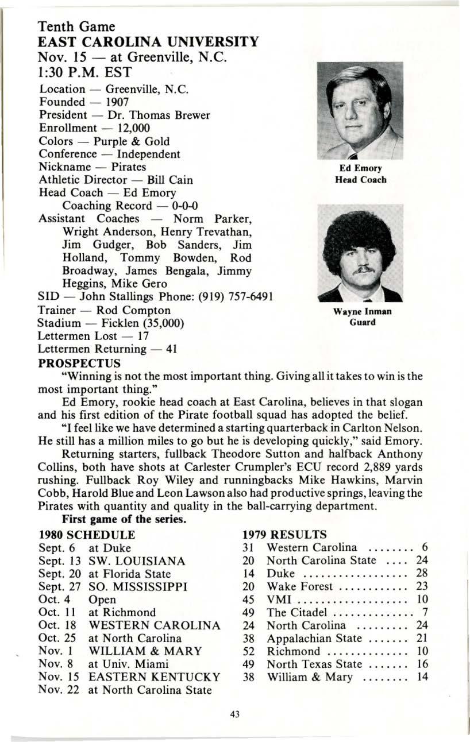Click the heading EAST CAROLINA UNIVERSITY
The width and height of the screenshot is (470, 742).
tap(148, 42)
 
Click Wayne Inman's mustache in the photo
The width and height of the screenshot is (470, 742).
tap(360, 270)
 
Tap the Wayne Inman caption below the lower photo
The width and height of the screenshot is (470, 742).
tap(362, 312)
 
